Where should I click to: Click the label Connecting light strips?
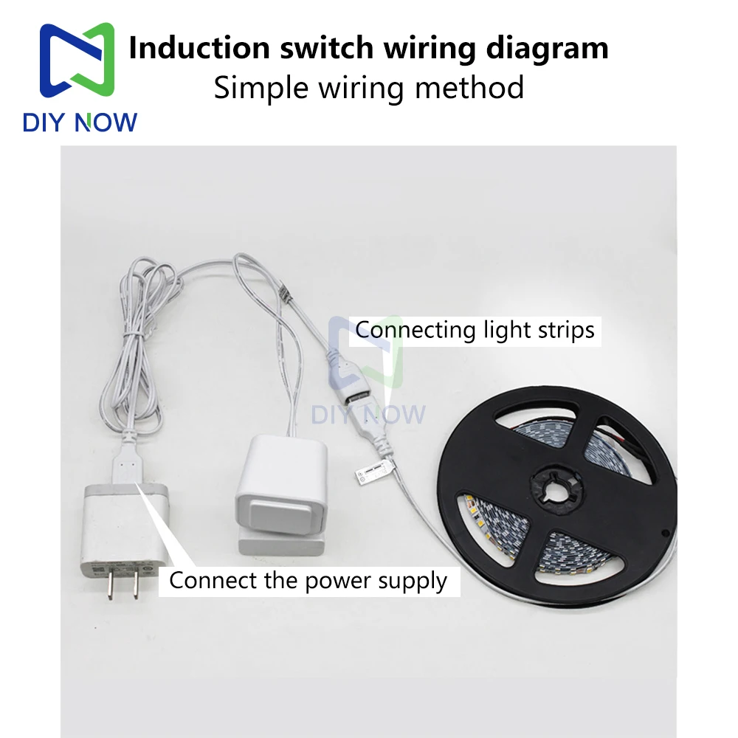tap(475, 329)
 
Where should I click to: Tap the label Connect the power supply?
tap(308, 580)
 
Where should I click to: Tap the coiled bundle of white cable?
tap(140, 354)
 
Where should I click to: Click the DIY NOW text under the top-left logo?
tap(80, 122)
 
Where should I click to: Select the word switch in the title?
tap(325, 49)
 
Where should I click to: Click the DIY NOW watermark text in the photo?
tap(368, 414)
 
